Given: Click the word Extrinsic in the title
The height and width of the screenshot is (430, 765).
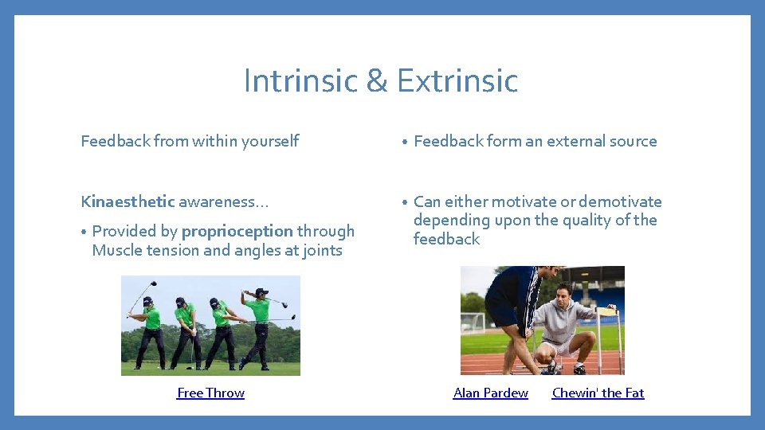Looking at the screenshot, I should click(x=457, y=80).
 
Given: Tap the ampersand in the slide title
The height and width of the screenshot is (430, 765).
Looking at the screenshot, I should click(x=371, y=81).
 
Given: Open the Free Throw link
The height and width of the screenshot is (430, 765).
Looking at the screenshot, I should click(x=210, y=393).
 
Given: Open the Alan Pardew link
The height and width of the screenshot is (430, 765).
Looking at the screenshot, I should click(x=490, y=393).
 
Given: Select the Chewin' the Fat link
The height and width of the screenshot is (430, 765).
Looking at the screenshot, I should click(x=598, y=393).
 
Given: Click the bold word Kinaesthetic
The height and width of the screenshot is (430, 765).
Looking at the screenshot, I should click(x=127, y=202).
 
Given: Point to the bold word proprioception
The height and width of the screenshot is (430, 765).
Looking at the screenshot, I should click(x=237, y=231).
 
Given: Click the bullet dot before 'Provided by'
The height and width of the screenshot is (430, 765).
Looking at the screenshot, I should click(x=84, y=233).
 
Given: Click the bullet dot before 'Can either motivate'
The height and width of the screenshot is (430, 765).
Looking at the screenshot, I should click(x=405, y=203).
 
